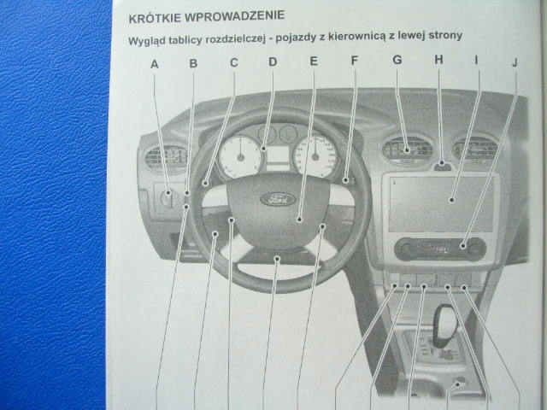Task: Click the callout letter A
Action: (x=155, y=63)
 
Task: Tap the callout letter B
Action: (x=193, y=63)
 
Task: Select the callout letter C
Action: (x=233, y=62)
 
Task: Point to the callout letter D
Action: (x=273, y=61)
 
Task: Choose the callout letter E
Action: (x=314, y=61)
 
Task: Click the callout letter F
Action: (x=354, y=61)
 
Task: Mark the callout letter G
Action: (x=397, y=60)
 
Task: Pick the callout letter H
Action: (x=438, y=60)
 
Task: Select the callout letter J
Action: (x=515, y=61)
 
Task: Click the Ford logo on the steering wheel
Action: (x=276, y=201)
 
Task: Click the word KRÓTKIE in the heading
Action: (x=156, y=16)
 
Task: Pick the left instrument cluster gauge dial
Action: (x=240, y=156)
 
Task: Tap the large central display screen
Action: (x=440, y=202)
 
